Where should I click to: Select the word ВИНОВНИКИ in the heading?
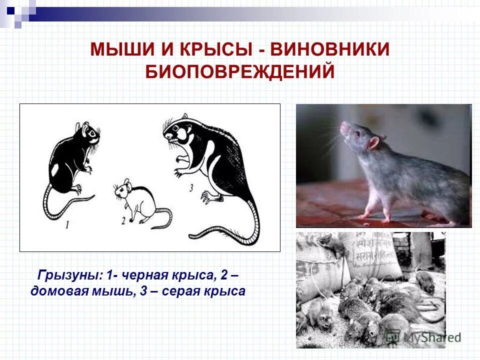[x=330, y=50]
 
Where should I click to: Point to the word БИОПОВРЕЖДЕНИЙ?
[x=240, y=71]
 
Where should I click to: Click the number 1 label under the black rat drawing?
[x=67, y=225]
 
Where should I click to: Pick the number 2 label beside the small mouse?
[x=123, y=220]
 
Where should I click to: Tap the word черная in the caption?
[x=150, y=275]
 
